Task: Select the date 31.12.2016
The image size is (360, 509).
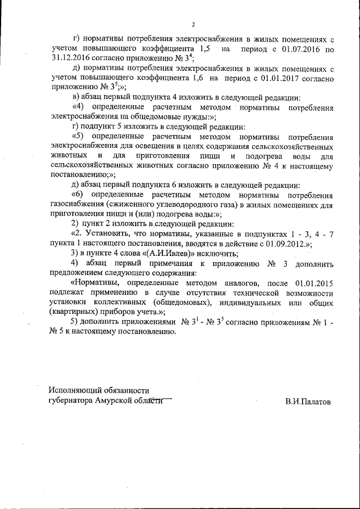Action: pos(70,60)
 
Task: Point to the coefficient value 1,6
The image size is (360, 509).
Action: pos(195,79)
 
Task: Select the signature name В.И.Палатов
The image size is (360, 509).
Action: pos(308,402)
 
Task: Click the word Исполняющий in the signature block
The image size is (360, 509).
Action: pos(76,390)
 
